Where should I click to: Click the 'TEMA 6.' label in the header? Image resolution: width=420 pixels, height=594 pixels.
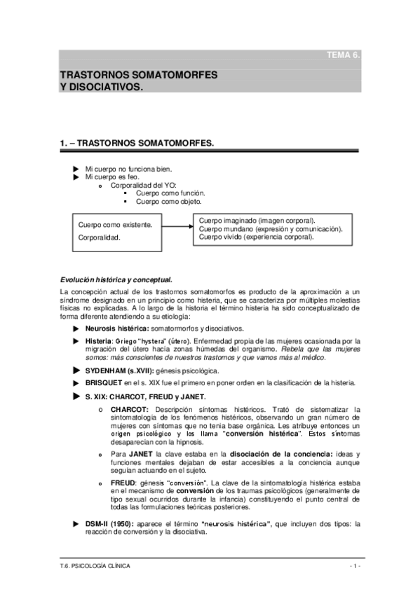[344, 54]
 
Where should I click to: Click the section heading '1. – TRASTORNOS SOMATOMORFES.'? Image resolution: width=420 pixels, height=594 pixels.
[137, 142]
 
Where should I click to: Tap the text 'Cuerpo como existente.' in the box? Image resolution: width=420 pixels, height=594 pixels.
[115, 225]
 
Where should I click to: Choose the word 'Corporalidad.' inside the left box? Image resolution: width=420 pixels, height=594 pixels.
[99, 237]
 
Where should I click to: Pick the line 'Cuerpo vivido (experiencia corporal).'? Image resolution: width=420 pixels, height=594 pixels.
[256, 237]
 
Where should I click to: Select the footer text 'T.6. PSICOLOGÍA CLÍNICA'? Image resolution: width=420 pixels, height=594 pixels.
[95, 566]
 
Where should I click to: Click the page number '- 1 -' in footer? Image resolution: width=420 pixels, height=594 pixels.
[353, 566]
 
